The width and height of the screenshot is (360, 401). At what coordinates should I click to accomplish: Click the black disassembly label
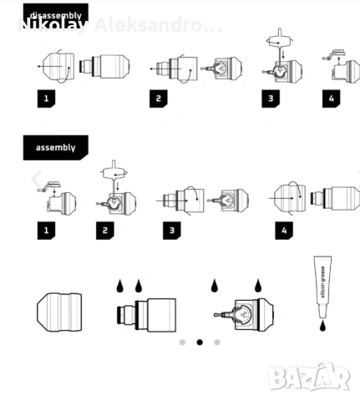[54, 14]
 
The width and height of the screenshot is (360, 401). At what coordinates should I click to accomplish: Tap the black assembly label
[54, 147]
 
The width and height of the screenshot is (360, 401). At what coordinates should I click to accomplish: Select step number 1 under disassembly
[48, 98]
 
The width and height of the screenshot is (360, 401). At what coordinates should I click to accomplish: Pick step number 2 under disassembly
[159, 98]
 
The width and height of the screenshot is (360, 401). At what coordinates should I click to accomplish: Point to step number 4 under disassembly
[331, 98]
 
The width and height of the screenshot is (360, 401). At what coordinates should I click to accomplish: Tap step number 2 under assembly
[104, 230]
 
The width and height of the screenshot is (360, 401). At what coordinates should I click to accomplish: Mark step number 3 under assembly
[171, 230]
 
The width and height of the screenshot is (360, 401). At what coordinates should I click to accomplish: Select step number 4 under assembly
[284, 230]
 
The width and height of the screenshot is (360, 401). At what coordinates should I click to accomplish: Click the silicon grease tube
[321, 284]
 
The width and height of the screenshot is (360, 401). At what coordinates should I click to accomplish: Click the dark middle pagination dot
[200, 342]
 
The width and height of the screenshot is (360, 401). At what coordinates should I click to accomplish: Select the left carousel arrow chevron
[36, 179]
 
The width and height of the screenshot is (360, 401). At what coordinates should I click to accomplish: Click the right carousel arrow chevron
[357, 179]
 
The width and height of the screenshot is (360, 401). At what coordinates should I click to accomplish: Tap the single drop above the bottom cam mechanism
[215, 286]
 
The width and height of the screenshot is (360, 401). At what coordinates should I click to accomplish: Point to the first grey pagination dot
[182, 342]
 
